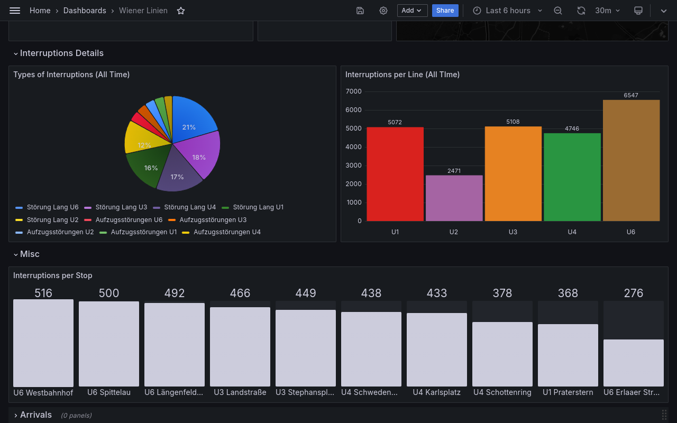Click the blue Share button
pyautogui.click(x=445, y=11)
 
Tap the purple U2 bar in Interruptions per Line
pyautogui.click(x=454, y=198)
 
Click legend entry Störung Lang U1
pyautogui.click(x=258, y=207)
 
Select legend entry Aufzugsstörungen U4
pyautogui.click(x=227, y=232)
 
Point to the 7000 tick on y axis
pyautogui.click(x=354, y=91)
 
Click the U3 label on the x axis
pyautogui.click(x=513, y=232)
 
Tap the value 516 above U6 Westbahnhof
pyautogui.click(x=43, y=293)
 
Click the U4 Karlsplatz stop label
pyautogui.click(x=436, y=392)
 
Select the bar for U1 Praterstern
pyautogui.click(x=568, y=355)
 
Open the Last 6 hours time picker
pyautogui.click(x=507, y=11)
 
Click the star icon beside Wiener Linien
pyautogui.click(x=181, y=11)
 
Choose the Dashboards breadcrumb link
pyautogui.click(x=85, y=11)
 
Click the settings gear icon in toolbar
pyautogui.click(x=383, y=11)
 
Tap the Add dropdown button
pyautogui.click(x=412, y=11)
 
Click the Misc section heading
pyautogui.click(x=30, y=254)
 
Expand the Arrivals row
pyautogui.click(x=35, y=415)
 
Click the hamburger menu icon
pyautogui.click(x=15, y=11)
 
